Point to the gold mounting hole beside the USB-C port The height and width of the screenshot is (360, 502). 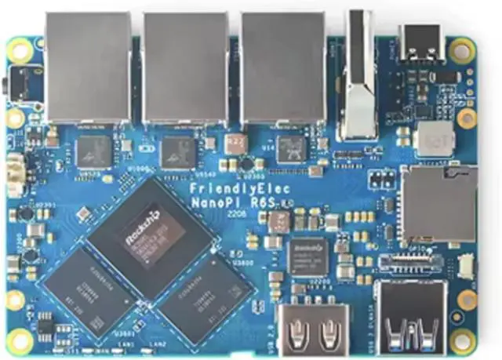(x=463, y=52)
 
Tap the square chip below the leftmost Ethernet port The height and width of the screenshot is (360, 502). (x=94, y=149)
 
